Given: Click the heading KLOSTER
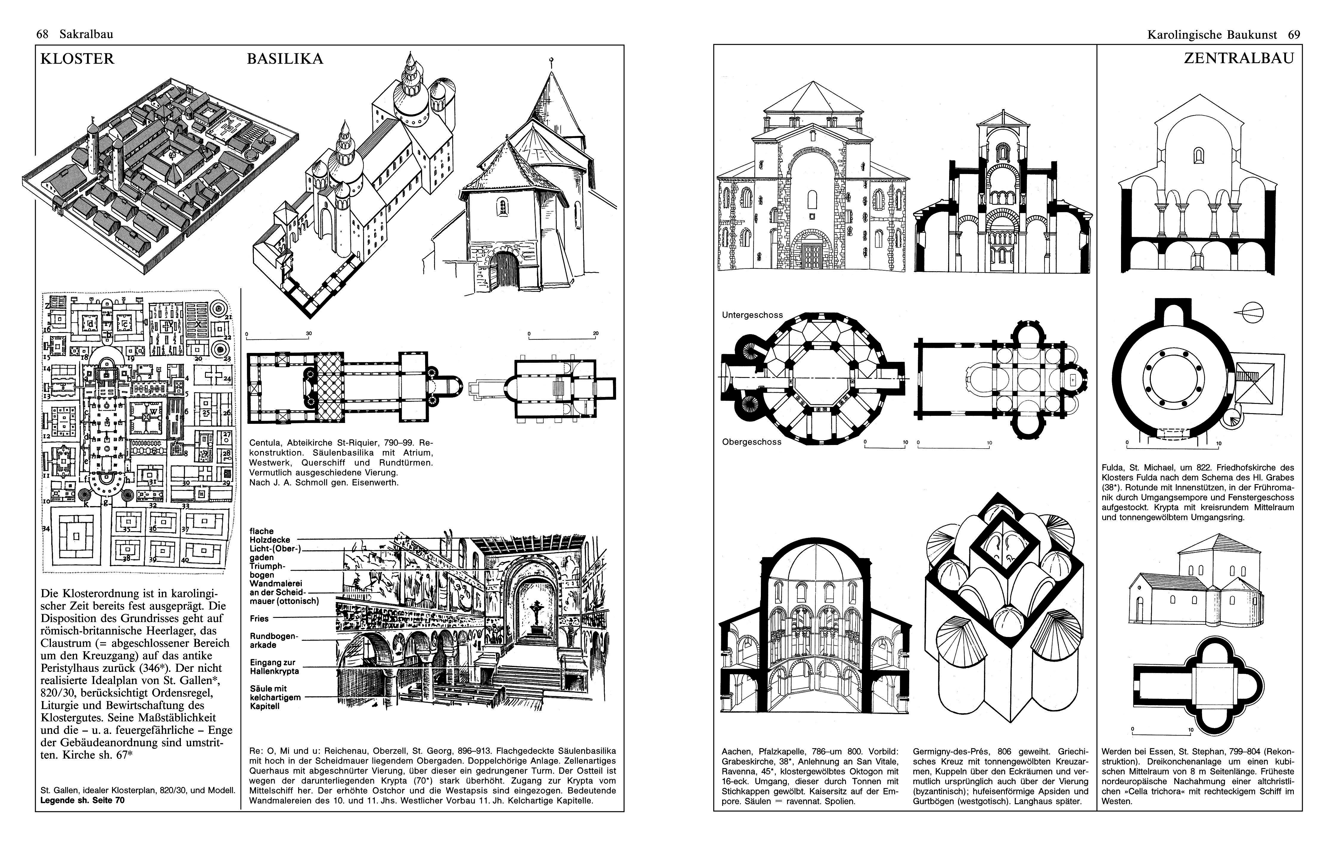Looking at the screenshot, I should [x=77, y=59].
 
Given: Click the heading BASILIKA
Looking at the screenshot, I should [x=285, y=59].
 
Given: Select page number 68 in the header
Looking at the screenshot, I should [x=42, y=35].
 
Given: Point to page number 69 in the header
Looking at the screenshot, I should [x=1294, y=35].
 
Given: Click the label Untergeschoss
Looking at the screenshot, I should [x=752, y=315].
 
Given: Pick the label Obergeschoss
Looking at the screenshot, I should [x=751, y=442].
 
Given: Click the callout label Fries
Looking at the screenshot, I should [x=259, y=618].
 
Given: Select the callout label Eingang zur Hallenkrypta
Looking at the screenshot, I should [x=274, y=667].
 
